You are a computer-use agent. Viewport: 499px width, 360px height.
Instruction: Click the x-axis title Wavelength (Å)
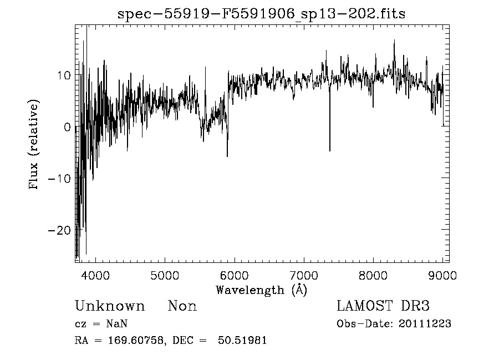click(x=261, y=289)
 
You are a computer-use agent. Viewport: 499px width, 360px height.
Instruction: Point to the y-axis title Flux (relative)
click(x=34, y=145)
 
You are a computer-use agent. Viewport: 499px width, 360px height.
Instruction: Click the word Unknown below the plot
click(x=109, y=306)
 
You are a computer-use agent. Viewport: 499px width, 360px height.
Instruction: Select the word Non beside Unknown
click(x=182, y=306)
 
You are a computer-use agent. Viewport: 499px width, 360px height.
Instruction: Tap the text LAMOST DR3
click(x=383, y=306)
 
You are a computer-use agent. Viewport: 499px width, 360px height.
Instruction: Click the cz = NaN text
click(x=102, y=324)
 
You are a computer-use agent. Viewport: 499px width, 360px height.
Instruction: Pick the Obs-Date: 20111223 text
click(x=394, y=324)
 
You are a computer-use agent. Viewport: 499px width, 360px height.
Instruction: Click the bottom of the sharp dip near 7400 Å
click(x=330, y=150)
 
